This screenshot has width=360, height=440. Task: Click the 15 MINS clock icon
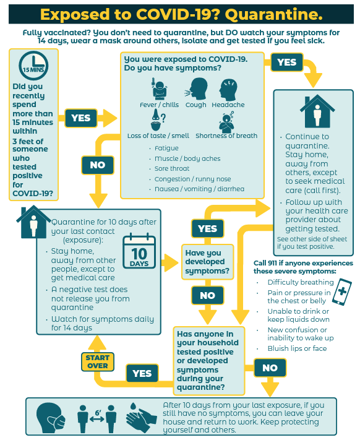coord(33,66)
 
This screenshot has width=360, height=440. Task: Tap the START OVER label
coord(98,361)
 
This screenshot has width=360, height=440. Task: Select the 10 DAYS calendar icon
coord(139,251)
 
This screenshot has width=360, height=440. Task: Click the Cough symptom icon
coord(196,89)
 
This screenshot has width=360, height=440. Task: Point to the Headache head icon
coord(228,90)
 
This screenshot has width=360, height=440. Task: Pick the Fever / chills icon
coord(159,89)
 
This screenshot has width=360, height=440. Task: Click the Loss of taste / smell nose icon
coord(157,120)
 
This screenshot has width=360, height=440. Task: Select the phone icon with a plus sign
coord(342,292)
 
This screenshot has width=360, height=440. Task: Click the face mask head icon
coord(51,418)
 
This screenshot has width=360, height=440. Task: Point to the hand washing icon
coord(141,418)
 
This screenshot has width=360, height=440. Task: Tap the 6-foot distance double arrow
coord(97,419)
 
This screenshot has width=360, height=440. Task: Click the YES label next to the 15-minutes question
coord(81,118)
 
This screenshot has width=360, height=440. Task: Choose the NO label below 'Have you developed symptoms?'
coord(207,295)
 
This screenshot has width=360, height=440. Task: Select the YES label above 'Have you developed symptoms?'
coord(207,228)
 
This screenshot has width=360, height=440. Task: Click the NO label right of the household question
coord(270,368)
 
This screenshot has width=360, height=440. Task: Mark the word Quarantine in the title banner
coord(273,15)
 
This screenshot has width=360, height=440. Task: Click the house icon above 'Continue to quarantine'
coord(317,111)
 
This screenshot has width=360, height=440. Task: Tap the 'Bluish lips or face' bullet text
coord(297,348)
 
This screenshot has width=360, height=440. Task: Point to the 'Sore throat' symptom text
coord(172,169)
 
